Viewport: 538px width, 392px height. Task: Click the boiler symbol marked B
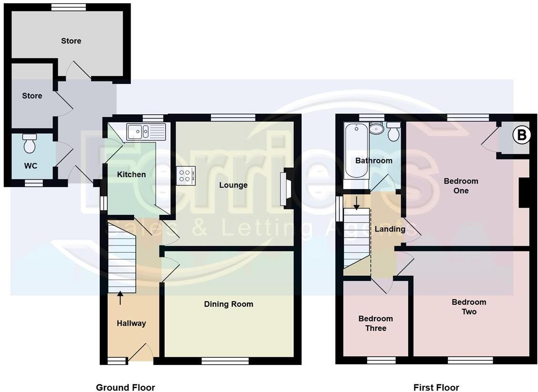521,136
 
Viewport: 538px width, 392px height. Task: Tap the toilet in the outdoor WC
30,143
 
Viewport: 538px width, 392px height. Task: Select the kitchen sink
145,131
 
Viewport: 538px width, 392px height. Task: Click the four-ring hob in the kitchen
186,175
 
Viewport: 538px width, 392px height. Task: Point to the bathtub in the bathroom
355,150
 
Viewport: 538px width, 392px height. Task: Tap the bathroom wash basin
376,128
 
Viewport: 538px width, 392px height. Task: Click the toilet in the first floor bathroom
394,132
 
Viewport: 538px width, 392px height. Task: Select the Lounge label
233,185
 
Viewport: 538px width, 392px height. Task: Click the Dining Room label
228,304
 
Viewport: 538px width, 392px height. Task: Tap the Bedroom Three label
375,323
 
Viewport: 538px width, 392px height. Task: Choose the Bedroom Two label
469,307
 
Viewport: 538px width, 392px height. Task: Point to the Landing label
390,229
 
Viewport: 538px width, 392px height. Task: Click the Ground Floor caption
125,387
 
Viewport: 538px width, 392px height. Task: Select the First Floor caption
436,387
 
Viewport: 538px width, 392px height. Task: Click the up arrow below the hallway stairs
120,298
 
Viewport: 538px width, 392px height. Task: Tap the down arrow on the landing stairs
356,203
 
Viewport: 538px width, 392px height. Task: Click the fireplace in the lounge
288,189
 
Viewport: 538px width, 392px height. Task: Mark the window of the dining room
225,361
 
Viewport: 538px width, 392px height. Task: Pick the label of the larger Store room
71,41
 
